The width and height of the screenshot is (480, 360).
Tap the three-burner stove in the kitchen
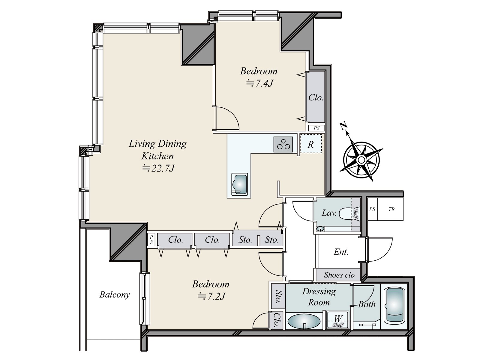283,145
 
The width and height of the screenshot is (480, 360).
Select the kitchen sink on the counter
239,184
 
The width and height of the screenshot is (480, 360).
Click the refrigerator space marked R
311,144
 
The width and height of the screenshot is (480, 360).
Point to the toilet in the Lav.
347,213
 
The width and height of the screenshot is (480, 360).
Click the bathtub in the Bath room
395,306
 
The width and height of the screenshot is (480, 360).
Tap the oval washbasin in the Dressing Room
304,321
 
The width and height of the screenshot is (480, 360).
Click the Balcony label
115,295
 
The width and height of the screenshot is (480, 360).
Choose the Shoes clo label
339,275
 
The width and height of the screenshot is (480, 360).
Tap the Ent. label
341,252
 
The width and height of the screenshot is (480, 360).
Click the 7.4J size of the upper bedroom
260,83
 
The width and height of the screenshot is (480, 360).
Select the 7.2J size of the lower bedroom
211,296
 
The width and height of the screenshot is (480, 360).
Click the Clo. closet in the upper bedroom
316,97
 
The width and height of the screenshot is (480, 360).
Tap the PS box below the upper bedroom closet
316,128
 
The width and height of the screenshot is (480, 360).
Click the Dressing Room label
319,297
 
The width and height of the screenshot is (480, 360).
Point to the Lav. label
329,213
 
